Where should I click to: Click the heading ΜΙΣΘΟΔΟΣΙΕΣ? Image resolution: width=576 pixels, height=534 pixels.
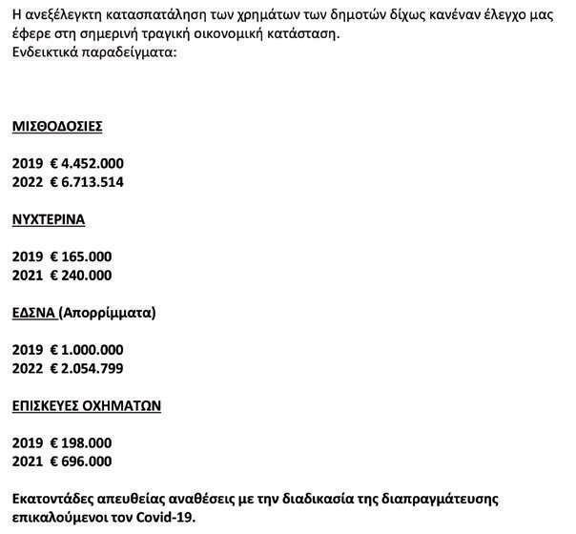(x=57, y=126)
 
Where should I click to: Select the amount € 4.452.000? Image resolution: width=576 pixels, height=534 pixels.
(x=87, y=163)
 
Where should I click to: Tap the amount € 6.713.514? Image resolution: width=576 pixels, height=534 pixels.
(x=87, y=182)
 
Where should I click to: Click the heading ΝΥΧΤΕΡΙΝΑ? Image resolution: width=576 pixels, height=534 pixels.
(x=49, y=219)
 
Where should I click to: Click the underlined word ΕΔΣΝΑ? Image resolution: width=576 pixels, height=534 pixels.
(x=33, y=313)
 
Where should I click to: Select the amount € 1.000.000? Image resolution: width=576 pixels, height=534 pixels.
(x=87, y=350)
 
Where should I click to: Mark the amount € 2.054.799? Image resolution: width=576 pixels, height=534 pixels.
(x=87, y=368)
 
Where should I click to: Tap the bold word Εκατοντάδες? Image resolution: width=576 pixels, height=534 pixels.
(x=56, y=499)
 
